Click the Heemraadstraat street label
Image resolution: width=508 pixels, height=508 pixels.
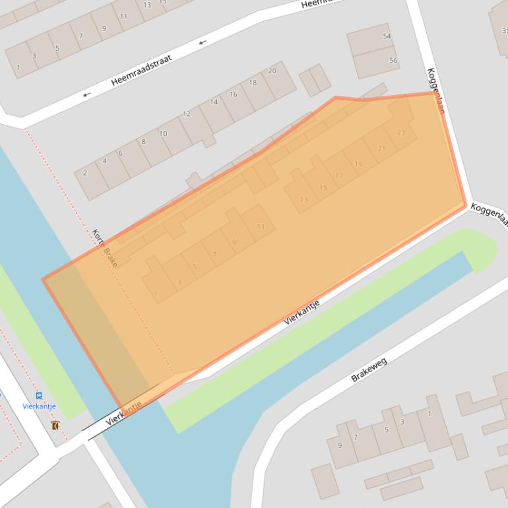pos(141,70)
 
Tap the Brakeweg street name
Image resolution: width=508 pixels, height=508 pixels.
pos(369,370)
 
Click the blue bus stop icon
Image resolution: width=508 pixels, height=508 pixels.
pos(39,396)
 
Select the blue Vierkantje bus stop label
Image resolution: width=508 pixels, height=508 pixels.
pos(39,406)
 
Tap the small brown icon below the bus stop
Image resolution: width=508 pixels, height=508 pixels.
pos(55,426)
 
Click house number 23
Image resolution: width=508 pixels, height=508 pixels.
pos(401,133)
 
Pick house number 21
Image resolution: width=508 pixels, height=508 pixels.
pos(381,148)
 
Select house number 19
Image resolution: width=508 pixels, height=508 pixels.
pos(358,164)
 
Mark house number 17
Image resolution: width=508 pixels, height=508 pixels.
pos(339,175)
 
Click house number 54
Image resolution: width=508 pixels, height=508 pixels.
pos(387,36)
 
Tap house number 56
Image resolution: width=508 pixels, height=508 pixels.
pos(393,61)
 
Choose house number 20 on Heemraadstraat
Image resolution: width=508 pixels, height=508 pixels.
pos(272,71)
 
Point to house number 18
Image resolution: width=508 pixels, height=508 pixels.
pos(253,82)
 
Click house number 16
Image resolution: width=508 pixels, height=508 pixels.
pos(233,94)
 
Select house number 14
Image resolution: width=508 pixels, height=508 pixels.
pos(214,102)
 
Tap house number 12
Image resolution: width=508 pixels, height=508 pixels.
pos(187,114)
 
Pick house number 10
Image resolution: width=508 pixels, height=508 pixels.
pos(163,133)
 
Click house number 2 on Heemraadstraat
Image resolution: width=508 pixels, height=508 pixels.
pos(85,174)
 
